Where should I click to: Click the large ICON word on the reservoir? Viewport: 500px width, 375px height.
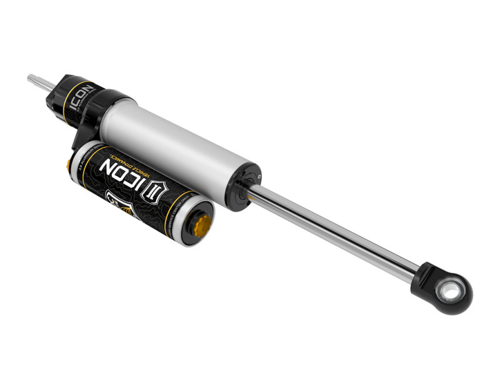tap(122, 173)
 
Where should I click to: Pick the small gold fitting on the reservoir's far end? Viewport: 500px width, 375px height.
tap(69, 164)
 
